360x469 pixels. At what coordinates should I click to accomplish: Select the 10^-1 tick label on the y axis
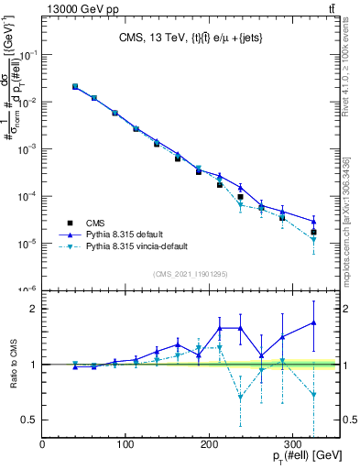[x=28, y=55]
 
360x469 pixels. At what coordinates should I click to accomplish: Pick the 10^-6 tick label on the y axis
[x=28, y=290]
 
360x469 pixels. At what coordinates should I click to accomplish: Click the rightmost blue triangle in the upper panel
[x=313, y=222]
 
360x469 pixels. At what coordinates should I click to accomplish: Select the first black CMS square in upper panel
[x=75, y=87]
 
